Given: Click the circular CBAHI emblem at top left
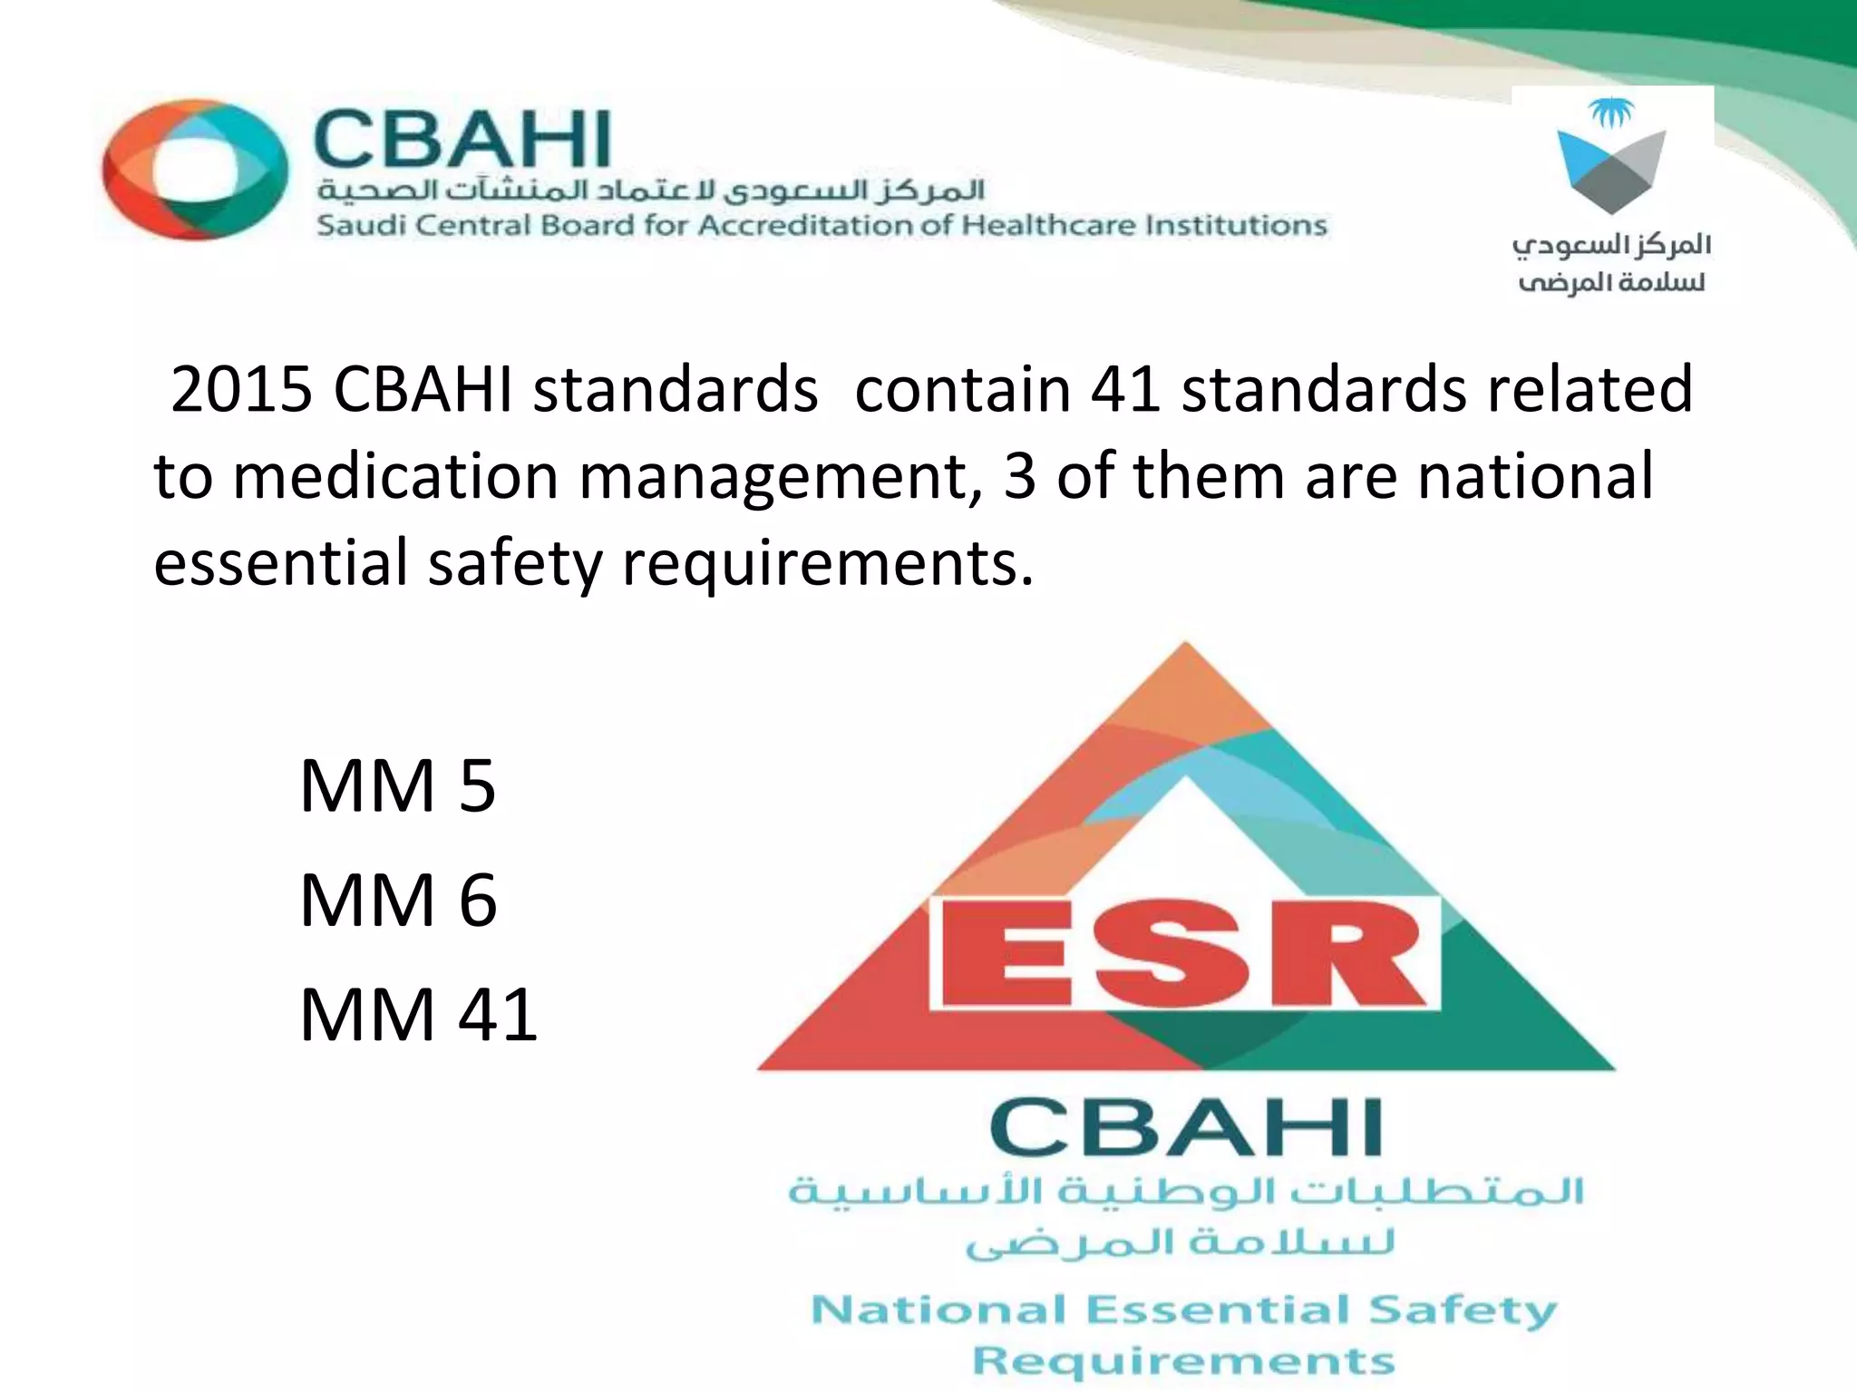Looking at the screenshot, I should point(194,170).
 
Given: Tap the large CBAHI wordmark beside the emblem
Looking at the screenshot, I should point(462,140).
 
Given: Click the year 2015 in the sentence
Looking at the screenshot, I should point(241,389).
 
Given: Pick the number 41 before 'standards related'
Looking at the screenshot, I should point(1125,389).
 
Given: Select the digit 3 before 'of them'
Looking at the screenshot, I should point(1019,476).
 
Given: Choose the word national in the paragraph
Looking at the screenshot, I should point(1535,476).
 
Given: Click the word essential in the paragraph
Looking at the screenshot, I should point(281,562).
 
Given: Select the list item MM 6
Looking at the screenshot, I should point(398,900).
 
